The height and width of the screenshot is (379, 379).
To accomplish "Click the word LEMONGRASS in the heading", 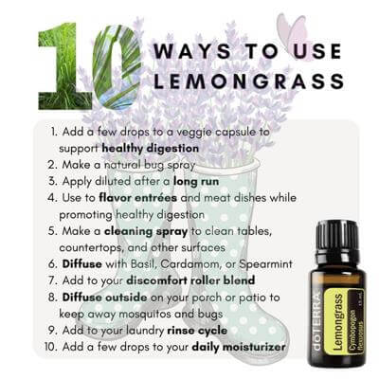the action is pos(248,81).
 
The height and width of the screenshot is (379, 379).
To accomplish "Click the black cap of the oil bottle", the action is pos(337,237).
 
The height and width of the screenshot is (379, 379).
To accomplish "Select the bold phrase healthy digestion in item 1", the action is pos(151,148).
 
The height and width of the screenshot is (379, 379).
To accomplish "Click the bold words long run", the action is pos(196,181).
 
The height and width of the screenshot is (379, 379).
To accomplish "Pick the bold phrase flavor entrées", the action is pos(137,198).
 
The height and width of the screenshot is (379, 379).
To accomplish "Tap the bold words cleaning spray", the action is pos(146,231).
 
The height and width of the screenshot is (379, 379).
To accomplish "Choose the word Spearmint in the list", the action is pos(265,264).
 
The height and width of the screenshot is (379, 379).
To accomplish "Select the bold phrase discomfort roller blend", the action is pos(190,280).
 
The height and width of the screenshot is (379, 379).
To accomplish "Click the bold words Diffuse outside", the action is pos(104,298).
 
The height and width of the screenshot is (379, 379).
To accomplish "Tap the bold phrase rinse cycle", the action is pos(197,331).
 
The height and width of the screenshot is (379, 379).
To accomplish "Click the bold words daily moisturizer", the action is pos(239,347).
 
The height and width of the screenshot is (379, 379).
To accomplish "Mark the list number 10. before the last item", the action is pos(51,347).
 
